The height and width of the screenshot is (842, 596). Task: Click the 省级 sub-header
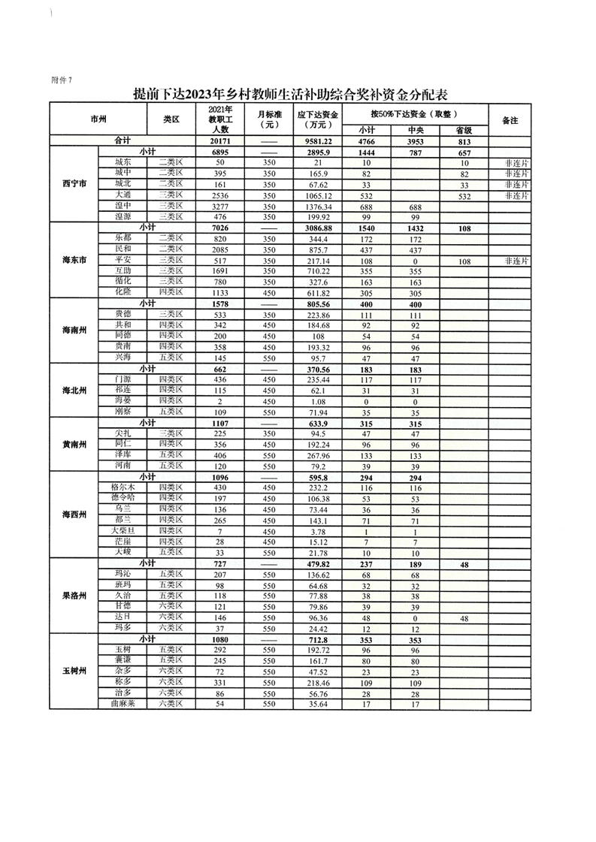464,130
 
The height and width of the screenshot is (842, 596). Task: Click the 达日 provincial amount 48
464,617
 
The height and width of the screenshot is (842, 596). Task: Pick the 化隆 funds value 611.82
319,292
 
